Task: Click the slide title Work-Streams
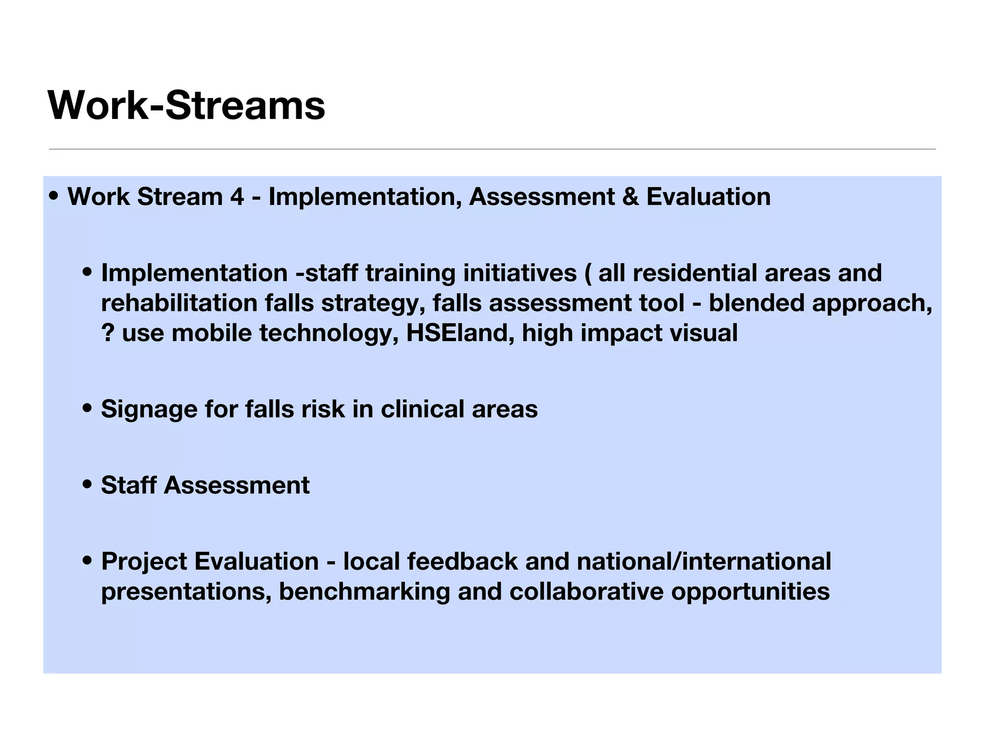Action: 187,105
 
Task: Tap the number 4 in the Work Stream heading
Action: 236,197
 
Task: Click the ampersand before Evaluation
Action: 630,197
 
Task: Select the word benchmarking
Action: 364,592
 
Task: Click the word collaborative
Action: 586,591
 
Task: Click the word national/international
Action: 704,561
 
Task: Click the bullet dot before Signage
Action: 87,409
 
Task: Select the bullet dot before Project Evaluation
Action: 87,561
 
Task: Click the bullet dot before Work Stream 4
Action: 54,196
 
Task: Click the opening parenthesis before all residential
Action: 587,273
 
